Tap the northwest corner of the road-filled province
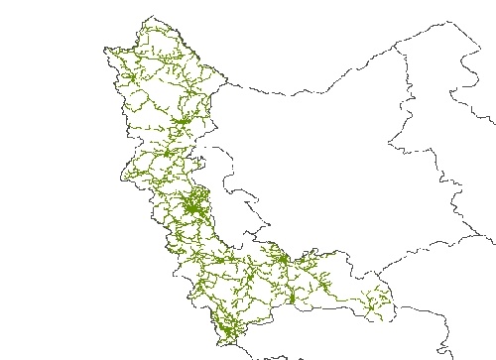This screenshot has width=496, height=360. click(106, 51)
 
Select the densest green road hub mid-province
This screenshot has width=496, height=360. click(191, 207)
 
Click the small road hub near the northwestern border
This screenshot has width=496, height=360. click(129, 74)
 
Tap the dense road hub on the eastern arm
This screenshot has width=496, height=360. click(282, 260)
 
